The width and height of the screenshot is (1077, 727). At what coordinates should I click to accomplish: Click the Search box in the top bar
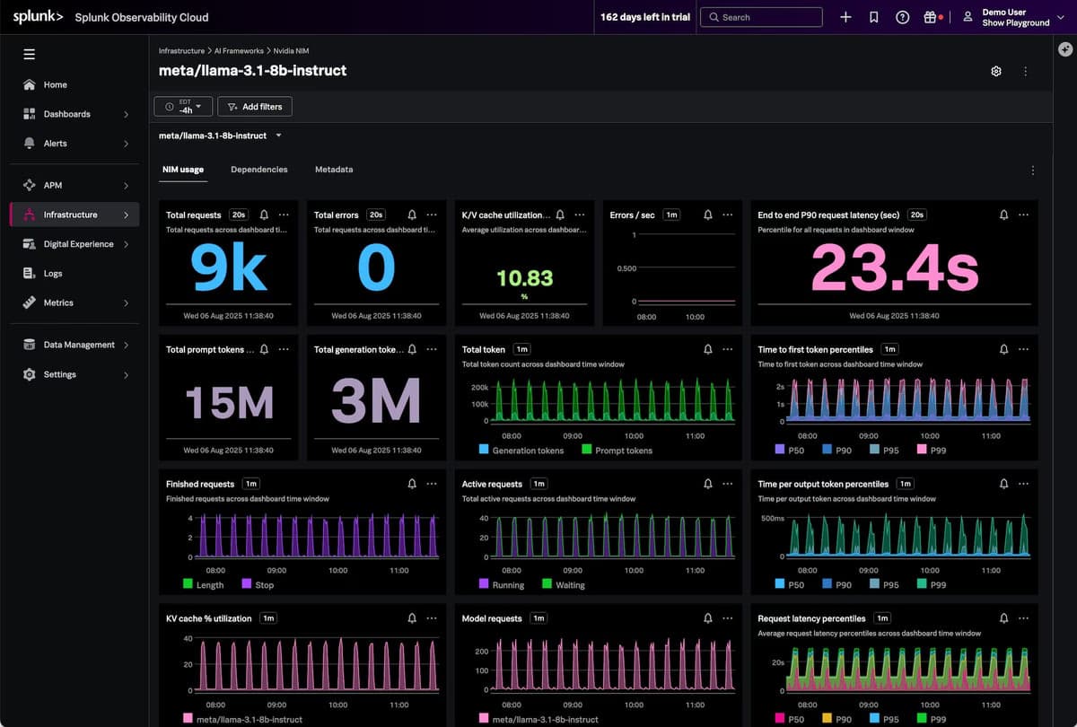pos(761,17)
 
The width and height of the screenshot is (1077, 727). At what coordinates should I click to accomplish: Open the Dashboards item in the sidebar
pos(66,114)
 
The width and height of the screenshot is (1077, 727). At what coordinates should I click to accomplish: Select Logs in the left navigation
pos(53,274)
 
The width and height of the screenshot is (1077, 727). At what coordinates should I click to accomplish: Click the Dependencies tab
pos(258,170)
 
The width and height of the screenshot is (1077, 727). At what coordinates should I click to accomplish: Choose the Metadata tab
pos(334,170)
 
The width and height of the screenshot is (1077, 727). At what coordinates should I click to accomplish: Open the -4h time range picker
pos(183,107)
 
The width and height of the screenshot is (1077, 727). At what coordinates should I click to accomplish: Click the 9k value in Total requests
pos(229,268)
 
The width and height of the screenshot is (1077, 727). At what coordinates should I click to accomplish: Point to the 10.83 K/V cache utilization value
pos(525,278)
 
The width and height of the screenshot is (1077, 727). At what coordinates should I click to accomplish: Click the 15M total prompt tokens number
pos(229,402)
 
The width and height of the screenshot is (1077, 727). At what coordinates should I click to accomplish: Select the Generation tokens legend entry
pos(527,451)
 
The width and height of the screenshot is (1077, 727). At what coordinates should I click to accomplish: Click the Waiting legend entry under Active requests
pos(569,585)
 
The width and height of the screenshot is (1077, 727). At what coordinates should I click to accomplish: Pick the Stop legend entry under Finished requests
pos(264,585)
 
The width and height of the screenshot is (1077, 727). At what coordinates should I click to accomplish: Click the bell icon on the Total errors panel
pos(411,215)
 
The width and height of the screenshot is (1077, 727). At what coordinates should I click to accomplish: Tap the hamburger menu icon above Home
pos(29,55)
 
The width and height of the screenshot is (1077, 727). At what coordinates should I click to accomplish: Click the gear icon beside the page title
pos(995,71)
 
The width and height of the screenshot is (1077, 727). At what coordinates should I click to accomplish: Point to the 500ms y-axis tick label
pos(773,519)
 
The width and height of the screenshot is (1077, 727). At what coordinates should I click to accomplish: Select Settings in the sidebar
pos(59,374)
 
